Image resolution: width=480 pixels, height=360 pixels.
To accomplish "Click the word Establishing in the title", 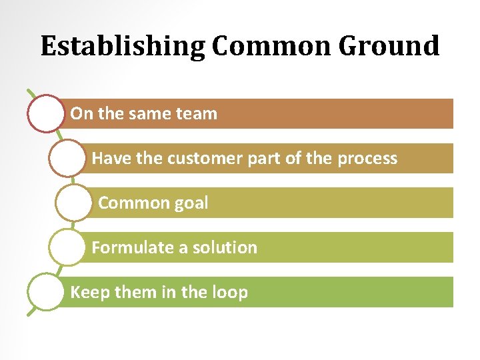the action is point(123,47).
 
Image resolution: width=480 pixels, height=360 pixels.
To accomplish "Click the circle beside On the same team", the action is point(46,114).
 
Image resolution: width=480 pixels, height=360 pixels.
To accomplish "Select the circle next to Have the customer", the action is point(67,159).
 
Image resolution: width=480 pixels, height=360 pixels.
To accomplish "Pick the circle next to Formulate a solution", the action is point(67,247).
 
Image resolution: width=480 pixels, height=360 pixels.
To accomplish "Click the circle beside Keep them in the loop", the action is point(46,292).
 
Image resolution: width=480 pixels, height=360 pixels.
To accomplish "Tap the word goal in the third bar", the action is point(191,203).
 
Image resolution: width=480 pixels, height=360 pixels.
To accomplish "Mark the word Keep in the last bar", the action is point(87,293).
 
